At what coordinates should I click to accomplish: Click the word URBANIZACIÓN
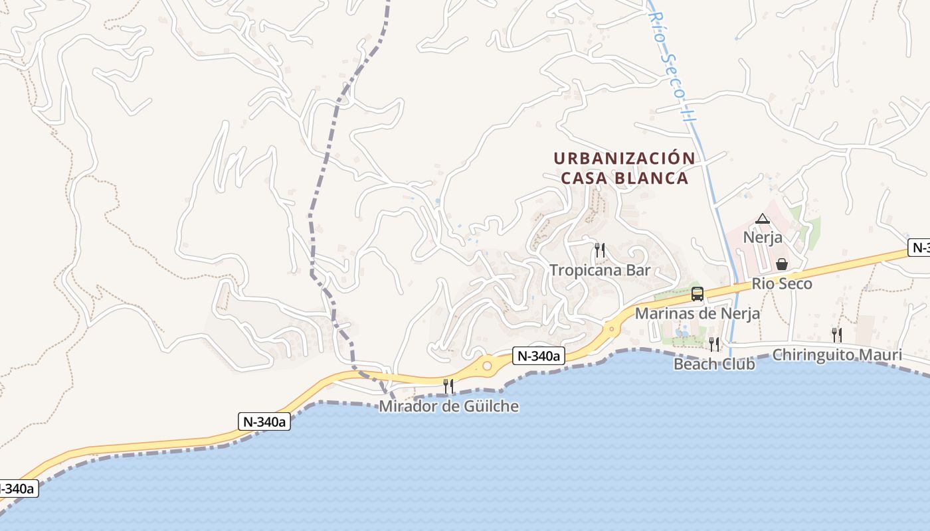coord(624,159)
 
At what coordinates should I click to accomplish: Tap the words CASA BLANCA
coord(624,179)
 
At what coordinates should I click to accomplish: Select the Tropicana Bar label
coord(600,270)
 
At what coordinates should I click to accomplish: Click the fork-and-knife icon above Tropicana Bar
coord(600,250)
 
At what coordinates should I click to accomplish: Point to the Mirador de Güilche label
coord(448,406)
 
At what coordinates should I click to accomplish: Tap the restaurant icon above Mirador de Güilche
coord(448,386)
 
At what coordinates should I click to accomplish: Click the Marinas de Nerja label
coord(697,313)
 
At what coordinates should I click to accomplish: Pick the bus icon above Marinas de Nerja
coord(697,294)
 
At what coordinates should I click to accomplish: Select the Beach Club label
coord(714,364)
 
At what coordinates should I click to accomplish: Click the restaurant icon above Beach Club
coord(714,344)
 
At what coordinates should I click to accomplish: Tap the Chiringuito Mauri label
coord(837,354)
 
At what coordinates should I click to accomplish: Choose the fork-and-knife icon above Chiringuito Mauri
coord(837,335)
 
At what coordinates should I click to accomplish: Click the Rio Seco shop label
coord(782,284)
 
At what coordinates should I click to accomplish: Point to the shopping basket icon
coord(782,264)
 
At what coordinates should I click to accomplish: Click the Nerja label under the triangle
coord(763,238)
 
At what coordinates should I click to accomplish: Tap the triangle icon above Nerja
coord(763,218)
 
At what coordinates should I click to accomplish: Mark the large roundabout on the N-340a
coord(488,365)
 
